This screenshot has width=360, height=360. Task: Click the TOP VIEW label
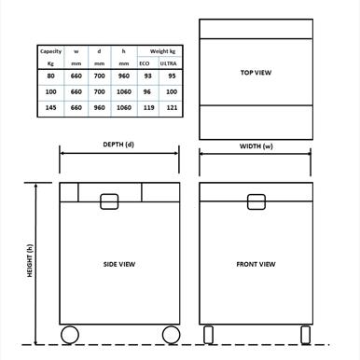pos(256,72)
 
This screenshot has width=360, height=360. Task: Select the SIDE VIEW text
pos(119,265)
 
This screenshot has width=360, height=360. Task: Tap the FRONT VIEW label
pos(256,265)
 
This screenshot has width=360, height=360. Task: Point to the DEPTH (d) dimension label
pos(118,145)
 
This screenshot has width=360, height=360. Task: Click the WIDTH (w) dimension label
pos(256,145)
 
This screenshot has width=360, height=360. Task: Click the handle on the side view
pos(110,201)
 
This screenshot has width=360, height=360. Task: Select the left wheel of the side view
pos(70,335)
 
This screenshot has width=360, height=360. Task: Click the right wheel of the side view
pos(170,335)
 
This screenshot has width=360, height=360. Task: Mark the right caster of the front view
pos(303,334)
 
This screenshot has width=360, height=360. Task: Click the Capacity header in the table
pos(50,51)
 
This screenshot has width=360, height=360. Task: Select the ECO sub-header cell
pos(145,62)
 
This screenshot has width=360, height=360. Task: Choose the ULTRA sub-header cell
pos(169,62)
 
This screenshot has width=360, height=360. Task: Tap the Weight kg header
pos(157,51)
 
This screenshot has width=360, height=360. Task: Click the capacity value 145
pos(50,108)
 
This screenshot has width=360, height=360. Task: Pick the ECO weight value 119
pos(145,108)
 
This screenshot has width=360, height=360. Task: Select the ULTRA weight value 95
pos(169,76)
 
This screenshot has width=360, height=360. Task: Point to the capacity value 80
pos(50,76)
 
